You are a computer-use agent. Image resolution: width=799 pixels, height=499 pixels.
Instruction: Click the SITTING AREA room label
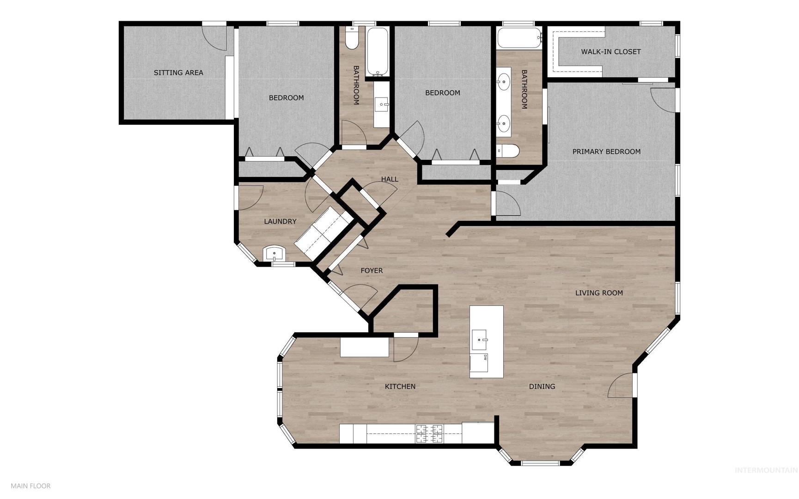pos(178,73)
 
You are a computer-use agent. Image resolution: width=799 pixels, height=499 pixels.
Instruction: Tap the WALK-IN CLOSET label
pos(611,52)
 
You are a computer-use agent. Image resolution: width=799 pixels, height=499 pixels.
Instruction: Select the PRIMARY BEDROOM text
pos(606,152)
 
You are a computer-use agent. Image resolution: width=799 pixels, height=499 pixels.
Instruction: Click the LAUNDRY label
pos(280,221)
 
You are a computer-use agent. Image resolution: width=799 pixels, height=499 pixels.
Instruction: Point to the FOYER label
pos(372,271)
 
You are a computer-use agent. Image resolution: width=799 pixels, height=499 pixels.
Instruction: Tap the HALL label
pos(390,179)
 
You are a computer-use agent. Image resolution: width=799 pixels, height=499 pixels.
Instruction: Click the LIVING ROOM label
pos(599,293)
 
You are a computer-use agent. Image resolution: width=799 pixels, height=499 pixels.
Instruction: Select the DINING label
pos(542,387)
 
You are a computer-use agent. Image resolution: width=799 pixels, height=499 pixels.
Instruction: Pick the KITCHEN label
pos(400,387)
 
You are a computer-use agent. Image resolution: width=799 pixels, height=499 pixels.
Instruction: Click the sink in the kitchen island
pos(479,341)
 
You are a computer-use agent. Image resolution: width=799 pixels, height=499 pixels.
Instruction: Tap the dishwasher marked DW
pos(479,363)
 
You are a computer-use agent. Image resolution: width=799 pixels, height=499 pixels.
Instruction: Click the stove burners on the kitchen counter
pos(429,434)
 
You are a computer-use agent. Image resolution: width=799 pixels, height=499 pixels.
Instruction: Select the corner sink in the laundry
pos(274,254)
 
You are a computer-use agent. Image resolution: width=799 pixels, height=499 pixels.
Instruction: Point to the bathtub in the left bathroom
pos(377,52)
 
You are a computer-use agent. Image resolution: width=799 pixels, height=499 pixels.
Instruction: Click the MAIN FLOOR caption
pos(30,486)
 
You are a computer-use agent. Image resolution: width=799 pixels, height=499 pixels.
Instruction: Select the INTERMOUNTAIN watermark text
pos(766,470)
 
